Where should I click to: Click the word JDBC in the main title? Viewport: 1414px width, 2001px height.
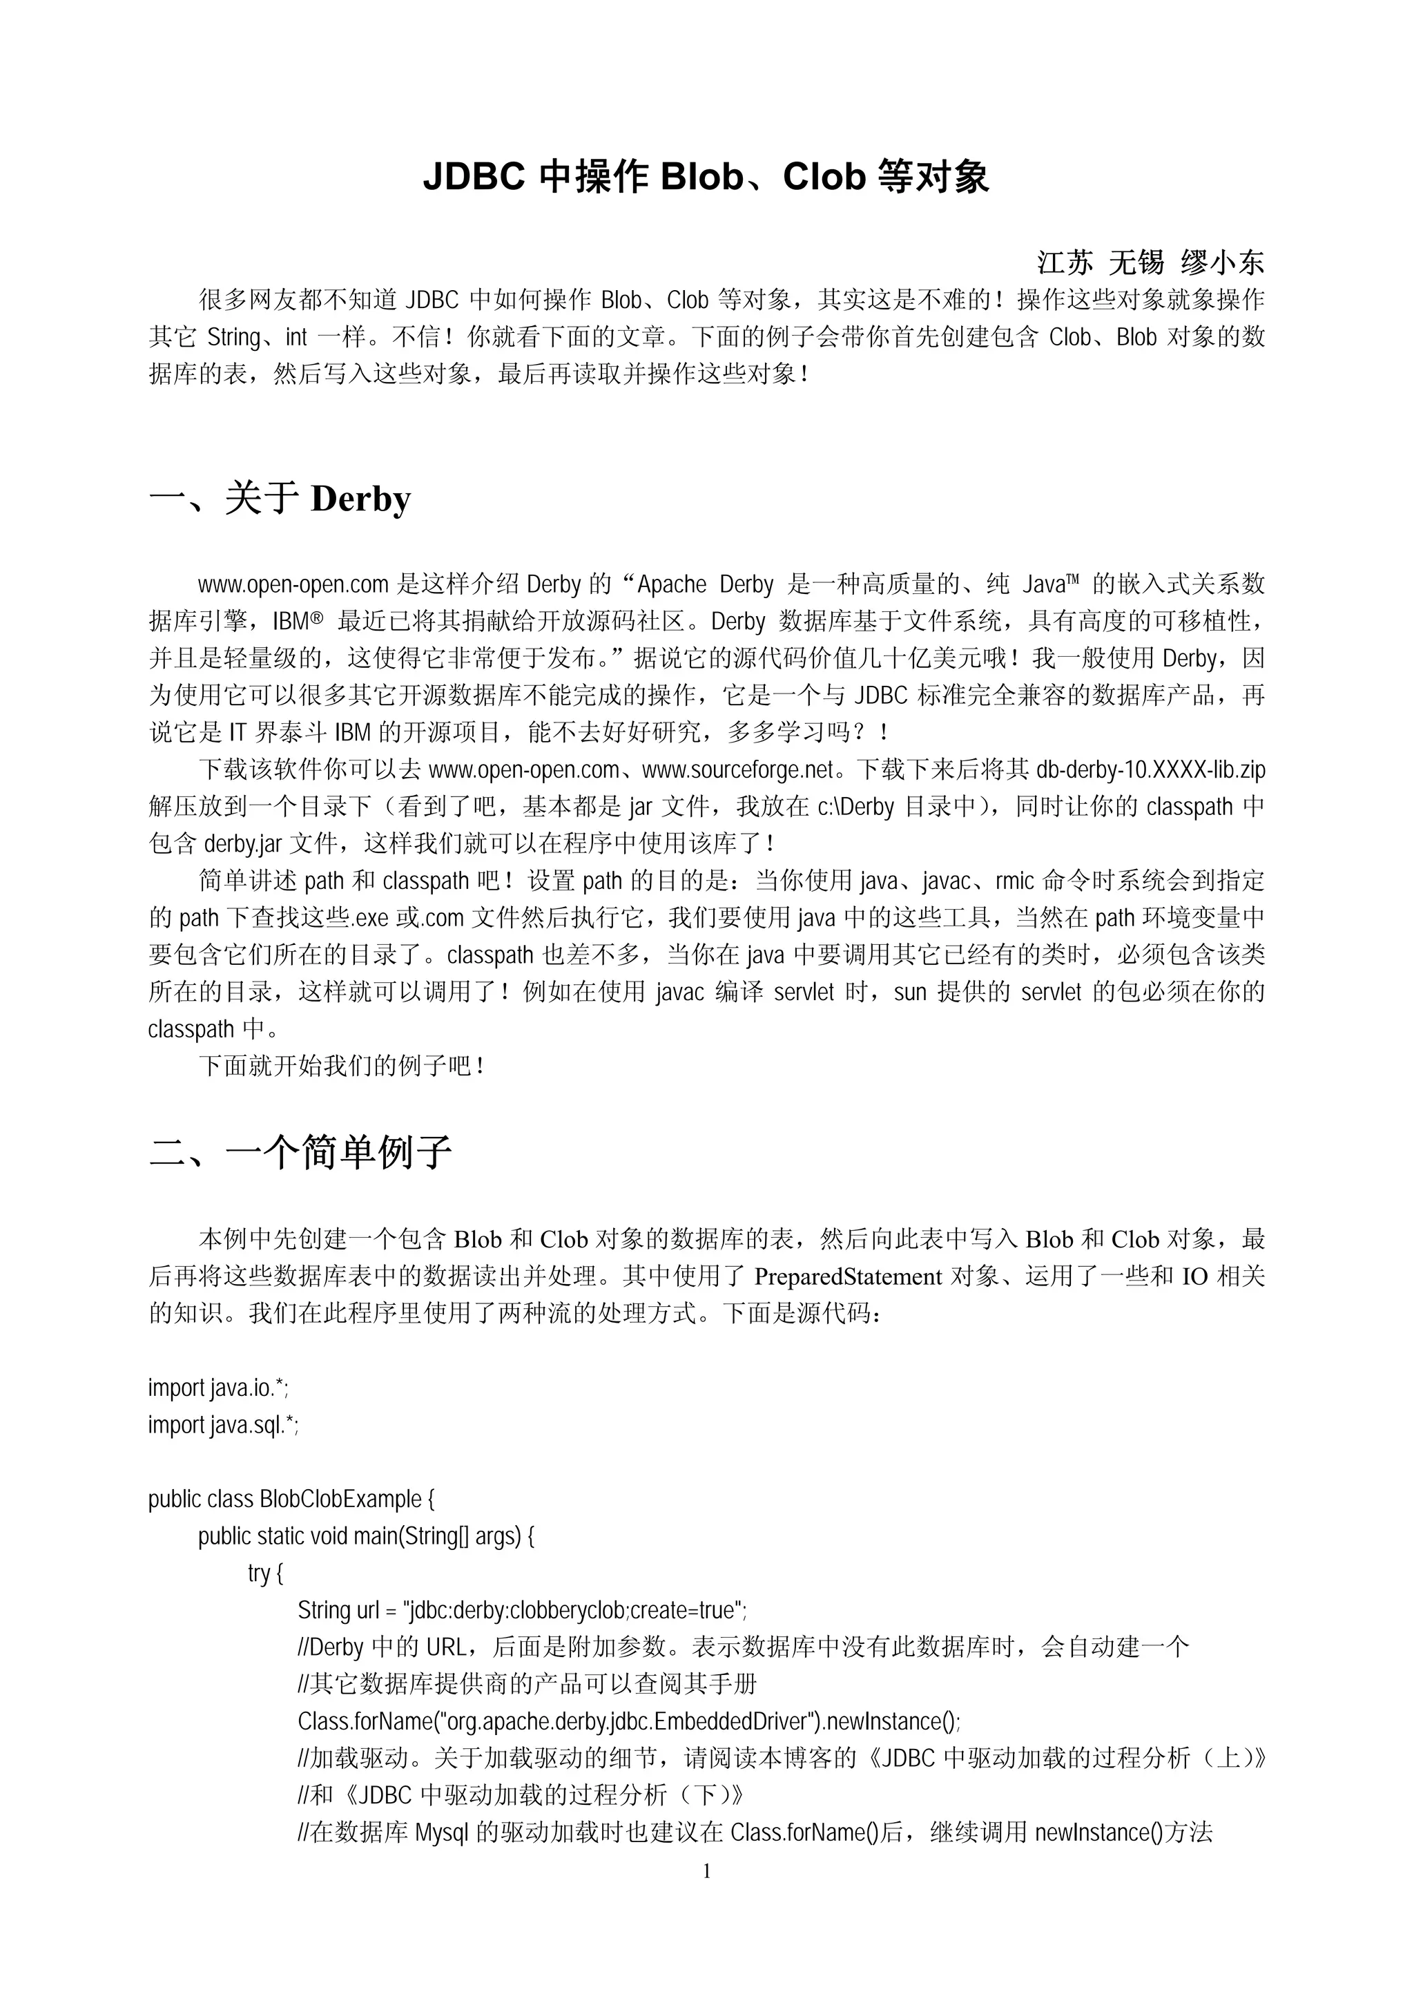(x=474, y=177)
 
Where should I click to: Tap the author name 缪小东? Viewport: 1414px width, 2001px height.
(x=1221, y=262)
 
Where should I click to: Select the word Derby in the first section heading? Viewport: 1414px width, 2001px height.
(x=360, y=499)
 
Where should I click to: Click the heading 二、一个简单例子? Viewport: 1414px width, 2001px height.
(x=300, y=1152)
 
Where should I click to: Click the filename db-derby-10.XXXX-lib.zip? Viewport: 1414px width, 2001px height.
(x=1150, y=769)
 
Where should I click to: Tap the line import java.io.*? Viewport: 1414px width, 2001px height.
(x=217, y=1388)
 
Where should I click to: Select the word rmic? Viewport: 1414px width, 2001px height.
(x=1014, y=881)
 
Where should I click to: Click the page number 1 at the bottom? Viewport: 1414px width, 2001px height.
(x=706, y=1871)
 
